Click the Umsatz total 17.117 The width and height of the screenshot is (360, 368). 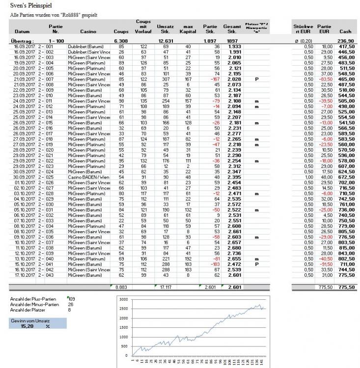point(163,286)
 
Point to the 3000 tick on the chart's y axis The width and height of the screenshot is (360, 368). point(123,299)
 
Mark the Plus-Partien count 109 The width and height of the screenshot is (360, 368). point(72,298)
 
